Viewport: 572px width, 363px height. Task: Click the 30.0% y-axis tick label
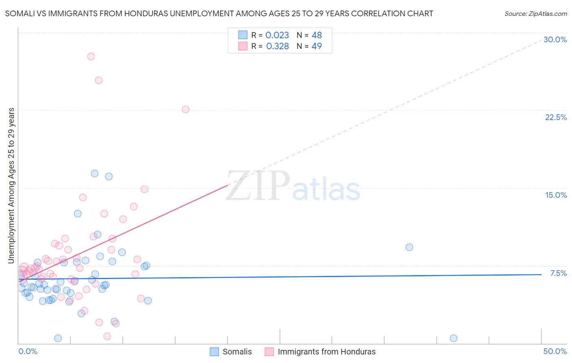point(555,39)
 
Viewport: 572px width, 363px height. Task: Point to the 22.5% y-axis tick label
point(556,117)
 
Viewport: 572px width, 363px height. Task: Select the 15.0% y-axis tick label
point(556,195)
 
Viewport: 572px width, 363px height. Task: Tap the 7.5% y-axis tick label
point(558,273)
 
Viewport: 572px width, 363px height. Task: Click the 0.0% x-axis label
point(28,351)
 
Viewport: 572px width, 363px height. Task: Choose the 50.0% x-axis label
point(555,351)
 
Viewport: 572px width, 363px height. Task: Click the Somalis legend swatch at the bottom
point(214,352)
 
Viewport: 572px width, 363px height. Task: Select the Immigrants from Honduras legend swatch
point(269,352)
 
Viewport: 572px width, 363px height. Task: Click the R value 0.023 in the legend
point(277,35)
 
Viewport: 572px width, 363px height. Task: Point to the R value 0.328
point(277,46)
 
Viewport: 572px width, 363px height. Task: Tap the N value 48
point(317,35)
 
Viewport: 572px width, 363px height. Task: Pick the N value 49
point(317,46)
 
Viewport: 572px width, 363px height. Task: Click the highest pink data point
point(91,57)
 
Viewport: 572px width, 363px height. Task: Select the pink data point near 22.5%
point(186,109)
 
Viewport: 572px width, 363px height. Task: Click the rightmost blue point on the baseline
point(454,338)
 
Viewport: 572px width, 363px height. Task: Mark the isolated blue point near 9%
point(409,247)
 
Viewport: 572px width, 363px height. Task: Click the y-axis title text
point(11,186)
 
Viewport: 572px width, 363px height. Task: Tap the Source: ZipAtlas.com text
point(535,14)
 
